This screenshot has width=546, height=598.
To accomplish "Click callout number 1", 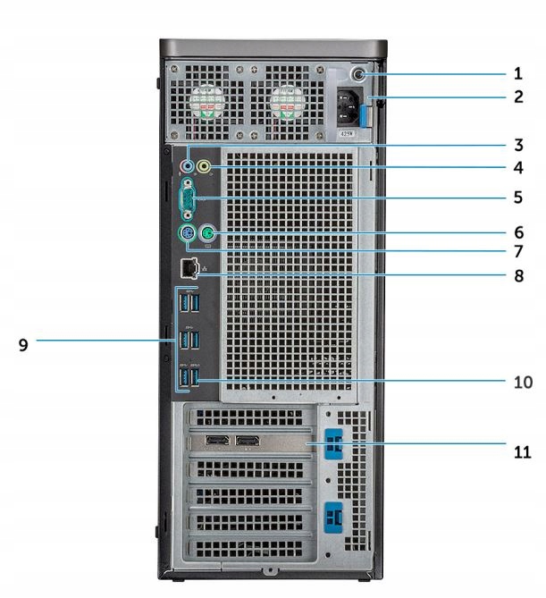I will point(517,74).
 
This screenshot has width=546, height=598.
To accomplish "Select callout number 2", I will point(517,97).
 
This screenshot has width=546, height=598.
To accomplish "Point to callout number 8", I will point(517,276).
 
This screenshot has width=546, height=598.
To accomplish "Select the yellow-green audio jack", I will point(205,165).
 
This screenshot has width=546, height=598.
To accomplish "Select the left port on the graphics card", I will point(217,441).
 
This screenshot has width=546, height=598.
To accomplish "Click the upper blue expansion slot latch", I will point(337,442).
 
